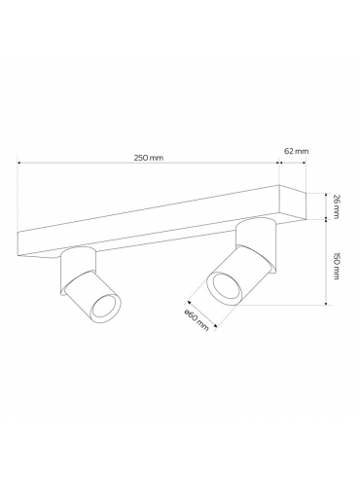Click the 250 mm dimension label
pos(149,158)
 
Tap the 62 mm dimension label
pos(296,151)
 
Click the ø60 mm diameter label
pos(196,320)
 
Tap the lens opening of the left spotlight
pos(106,306)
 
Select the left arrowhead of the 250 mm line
pos(19,163)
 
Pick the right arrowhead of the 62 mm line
pos(305,163)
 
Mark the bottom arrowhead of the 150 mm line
pos(327,303)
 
